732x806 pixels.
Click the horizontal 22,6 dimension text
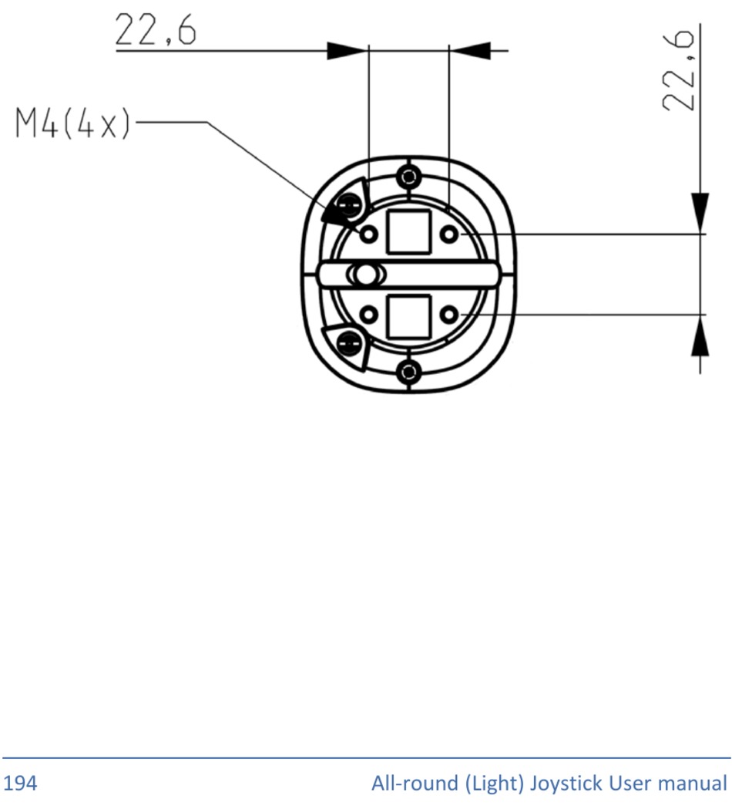[155, 29]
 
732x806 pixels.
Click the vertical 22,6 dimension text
[678, 70]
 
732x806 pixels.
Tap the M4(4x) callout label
[73, 123]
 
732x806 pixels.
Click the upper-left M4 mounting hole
[368, 234]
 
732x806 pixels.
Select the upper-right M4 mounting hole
[449, 234]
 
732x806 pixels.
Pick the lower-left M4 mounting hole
[368, 314]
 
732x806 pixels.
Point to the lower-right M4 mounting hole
[449, 314]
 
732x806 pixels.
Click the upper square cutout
[408, 232]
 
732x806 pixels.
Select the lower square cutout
[408, 317]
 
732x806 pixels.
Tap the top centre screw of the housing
[408, 177]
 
